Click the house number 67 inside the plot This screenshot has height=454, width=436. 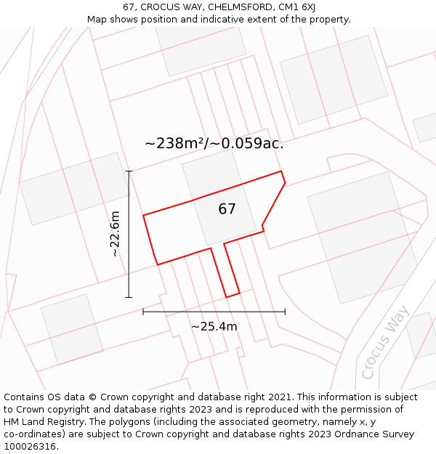click(x=227, y=209)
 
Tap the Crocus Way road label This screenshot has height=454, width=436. click(x=386, y=342)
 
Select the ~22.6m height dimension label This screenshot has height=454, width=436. click(x=115, y=233)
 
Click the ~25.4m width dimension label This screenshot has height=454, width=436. click(x=214, y=327)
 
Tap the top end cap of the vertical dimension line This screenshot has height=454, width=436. click(x=129, y=171)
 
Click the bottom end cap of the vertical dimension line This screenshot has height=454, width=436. click(x=129, y=297)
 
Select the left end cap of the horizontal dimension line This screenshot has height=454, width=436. click(x=143, y=312)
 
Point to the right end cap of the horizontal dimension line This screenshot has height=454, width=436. click(x=285, y=312)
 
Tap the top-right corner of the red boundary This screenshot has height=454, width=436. click(x=281, y=171)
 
